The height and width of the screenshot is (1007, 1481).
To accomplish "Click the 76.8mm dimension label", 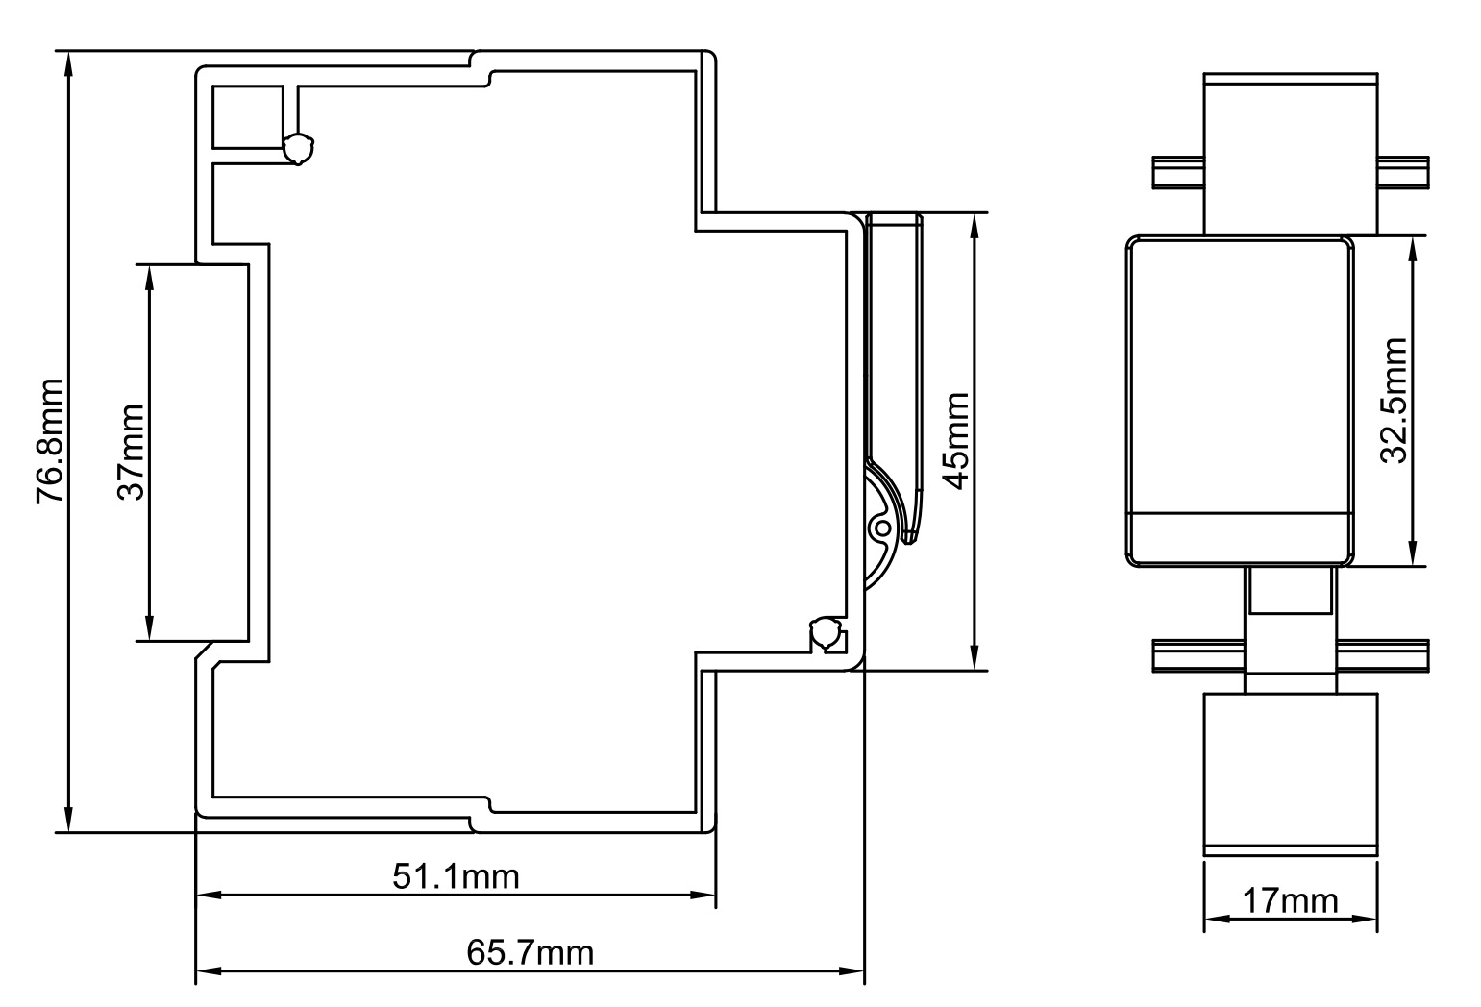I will coord(49,441).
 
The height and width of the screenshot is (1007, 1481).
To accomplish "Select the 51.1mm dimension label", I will coord(456,876).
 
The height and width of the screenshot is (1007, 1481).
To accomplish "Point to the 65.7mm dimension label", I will coord(530,953).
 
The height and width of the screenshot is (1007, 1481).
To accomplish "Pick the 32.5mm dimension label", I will coord(1394,401).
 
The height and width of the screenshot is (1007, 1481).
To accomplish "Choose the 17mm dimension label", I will coord(1290,901).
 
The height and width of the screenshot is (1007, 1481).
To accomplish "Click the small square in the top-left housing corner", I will coord(247,117).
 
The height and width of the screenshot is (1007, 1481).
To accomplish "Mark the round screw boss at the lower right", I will coord(826,635).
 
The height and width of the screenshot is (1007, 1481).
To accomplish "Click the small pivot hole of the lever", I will coord(879,528).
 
